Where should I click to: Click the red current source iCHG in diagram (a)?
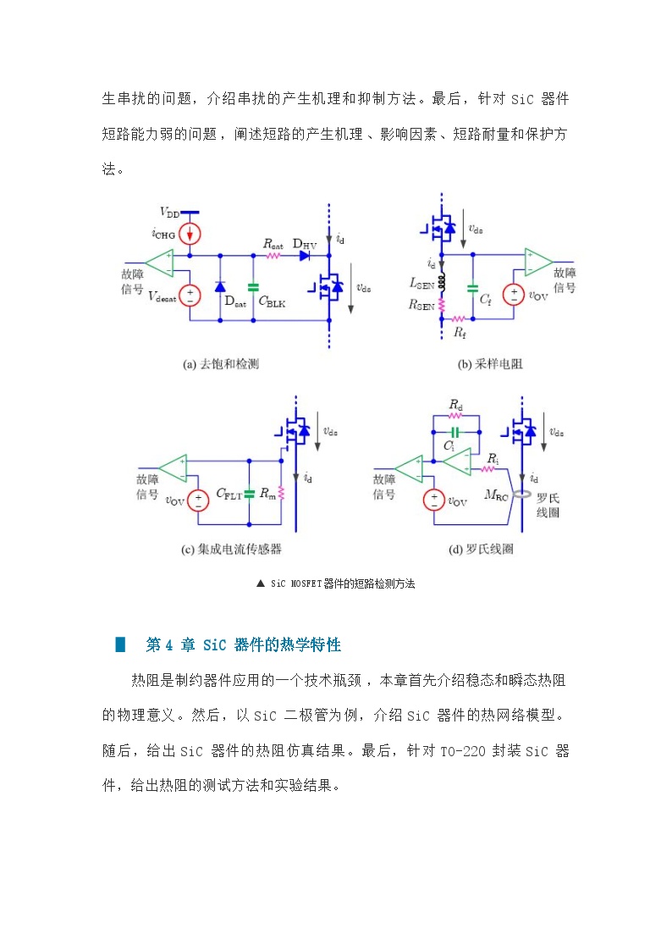point(190,234)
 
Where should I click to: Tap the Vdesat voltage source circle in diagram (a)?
point(190,296)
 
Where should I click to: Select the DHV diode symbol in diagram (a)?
point(305,256)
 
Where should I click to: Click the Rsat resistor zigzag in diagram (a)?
point(273,256)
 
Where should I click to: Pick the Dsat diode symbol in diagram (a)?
point(220,286)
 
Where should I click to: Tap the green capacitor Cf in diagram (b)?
point(472,289)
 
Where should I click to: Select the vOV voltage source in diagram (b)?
point(514,296)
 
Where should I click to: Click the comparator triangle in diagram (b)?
point(537,263)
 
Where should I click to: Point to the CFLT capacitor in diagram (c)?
point(249,494)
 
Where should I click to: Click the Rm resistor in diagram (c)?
point(281,493)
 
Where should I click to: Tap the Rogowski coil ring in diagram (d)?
point(522,495)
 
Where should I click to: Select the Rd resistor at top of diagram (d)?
point(455,416)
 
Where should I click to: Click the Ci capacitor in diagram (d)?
point(455,433)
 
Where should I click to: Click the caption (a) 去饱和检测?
point(221,364)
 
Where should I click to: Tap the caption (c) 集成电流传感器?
point(231,549)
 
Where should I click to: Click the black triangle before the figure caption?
point(261,583)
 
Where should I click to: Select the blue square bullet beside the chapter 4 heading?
point(120,644)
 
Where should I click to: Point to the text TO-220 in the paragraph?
point(463,751)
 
